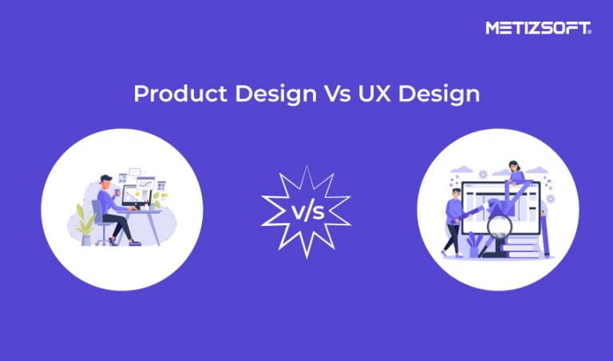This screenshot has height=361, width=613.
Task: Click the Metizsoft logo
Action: click(538, 28)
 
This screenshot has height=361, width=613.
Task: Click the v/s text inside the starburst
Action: click(306, 212)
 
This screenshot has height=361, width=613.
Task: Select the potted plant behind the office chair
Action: click(83, 220)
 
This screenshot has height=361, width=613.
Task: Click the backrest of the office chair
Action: click(97, 212)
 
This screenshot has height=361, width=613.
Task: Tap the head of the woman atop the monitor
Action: click(514, 167)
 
